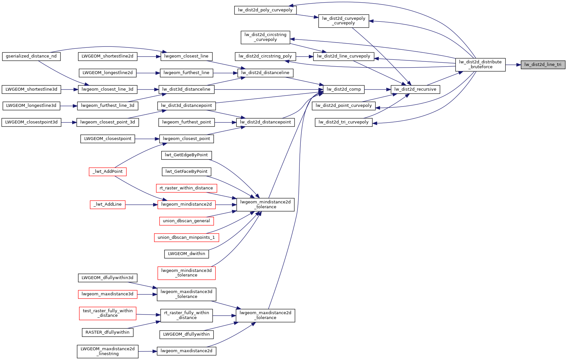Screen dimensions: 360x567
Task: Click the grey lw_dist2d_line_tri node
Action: coord(543,65)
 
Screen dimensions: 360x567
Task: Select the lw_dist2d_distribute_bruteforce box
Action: coord(480,64)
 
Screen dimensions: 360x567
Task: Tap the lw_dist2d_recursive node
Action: coord(415,89)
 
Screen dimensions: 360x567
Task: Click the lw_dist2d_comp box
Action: coord(344,89)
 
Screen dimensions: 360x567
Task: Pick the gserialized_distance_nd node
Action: coord(31,56)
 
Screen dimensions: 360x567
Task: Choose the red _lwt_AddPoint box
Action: coord(108,172)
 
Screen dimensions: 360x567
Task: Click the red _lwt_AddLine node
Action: coord(108,204)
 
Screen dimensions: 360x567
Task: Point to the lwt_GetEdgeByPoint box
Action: coord(186,155)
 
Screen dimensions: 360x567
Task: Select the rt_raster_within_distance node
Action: coord(186,188)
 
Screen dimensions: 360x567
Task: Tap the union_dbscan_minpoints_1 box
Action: coord(186,238)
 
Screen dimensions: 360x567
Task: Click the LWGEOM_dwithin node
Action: coord(186,254)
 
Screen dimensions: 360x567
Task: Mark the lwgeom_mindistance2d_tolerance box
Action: coord(265,204)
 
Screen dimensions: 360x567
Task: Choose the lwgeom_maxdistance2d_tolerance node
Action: coord(265,315)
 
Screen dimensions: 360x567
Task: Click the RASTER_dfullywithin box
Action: coord(107,332)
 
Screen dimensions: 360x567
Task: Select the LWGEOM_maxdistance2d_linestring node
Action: coord(108,351)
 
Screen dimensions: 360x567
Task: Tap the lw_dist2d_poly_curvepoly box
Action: coord(265,10)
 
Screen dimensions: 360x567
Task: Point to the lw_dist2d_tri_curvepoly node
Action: coord(344,122)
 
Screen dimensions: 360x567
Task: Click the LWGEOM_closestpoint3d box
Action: coord(31,122)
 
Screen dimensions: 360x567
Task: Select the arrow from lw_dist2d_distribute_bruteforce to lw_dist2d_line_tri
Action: coord(513,65)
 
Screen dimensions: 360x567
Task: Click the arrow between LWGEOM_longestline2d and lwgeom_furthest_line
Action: coord(148,73)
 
